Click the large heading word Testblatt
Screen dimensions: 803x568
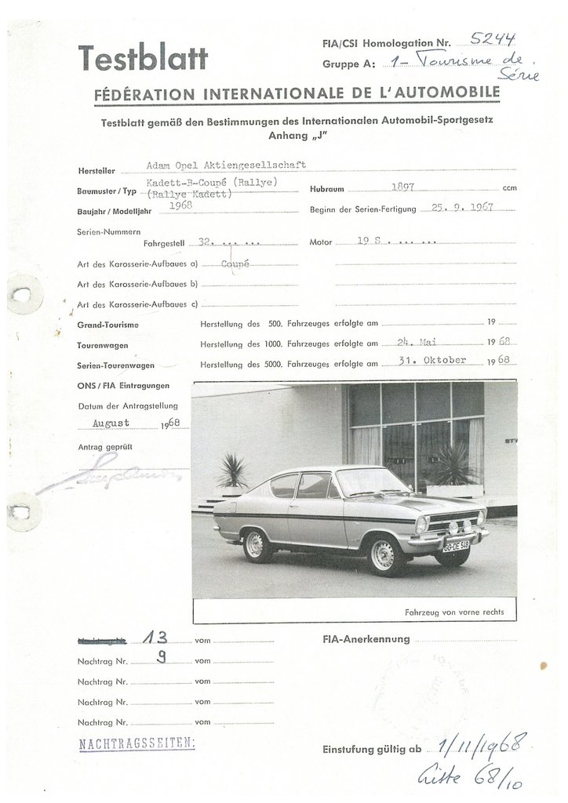point(143,57)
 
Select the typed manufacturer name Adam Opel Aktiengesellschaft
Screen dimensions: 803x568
point(226,165)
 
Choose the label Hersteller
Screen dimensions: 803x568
point(96,170)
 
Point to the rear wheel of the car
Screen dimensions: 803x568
point(255,544)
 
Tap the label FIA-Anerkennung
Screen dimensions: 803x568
point(366,639)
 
